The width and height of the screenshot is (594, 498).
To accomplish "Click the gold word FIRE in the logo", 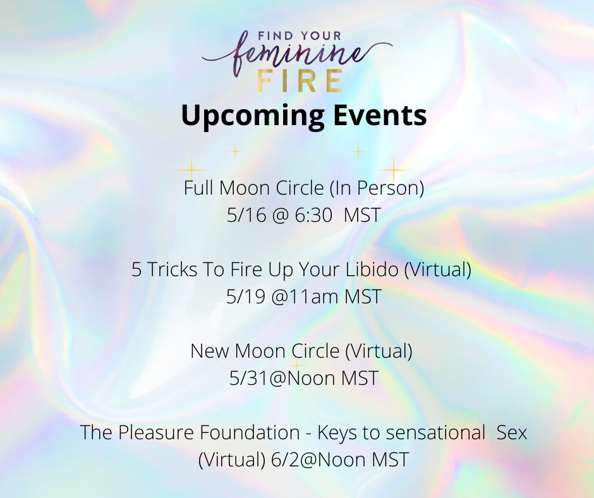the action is (300, 81).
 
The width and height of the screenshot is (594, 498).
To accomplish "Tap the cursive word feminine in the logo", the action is (297, 56).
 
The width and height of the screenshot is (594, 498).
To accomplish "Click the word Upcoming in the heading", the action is (253, 116).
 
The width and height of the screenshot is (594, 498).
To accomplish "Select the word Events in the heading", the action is (380, 115).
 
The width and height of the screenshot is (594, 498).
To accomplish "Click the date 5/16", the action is (246, 216).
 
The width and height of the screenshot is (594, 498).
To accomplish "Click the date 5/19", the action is (245, 297).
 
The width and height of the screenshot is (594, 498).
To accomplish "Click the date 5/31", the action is (249, 378).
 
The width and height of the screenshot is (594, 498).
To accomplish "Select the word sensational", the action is (435, 432).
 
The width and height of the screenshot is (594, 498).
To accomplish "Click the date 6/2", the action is (286, 459).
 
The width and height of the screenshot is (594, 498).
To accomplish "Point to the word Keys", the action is (337, 433).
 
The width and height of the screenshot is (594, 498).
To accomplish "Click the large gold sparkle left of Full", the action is (191, 170).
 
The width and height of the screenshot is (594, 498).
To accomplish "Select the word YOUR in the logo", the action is (320, 36).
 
